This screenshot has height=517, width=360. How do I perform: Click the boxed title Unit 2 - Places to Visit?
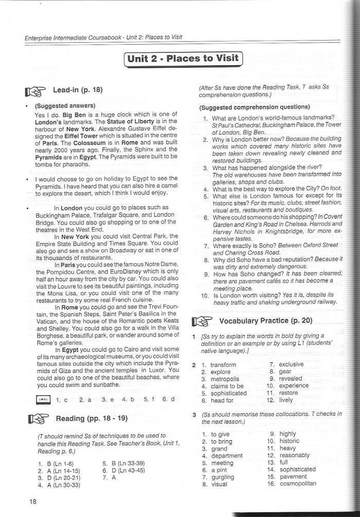[183, 59]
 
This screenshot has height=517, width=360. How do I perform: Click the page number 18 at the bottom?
[33, 502]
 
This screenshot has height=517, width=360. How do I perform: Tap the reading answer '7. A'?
[110, 477]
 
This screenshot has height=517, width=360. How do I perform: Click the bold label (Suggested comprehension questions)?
[255, 107]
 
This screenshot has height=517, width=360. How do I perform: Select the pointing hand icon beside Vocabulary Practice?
[201, 322]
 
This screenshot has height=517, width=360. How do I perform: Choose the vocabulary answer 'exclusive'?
[291, 364]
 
